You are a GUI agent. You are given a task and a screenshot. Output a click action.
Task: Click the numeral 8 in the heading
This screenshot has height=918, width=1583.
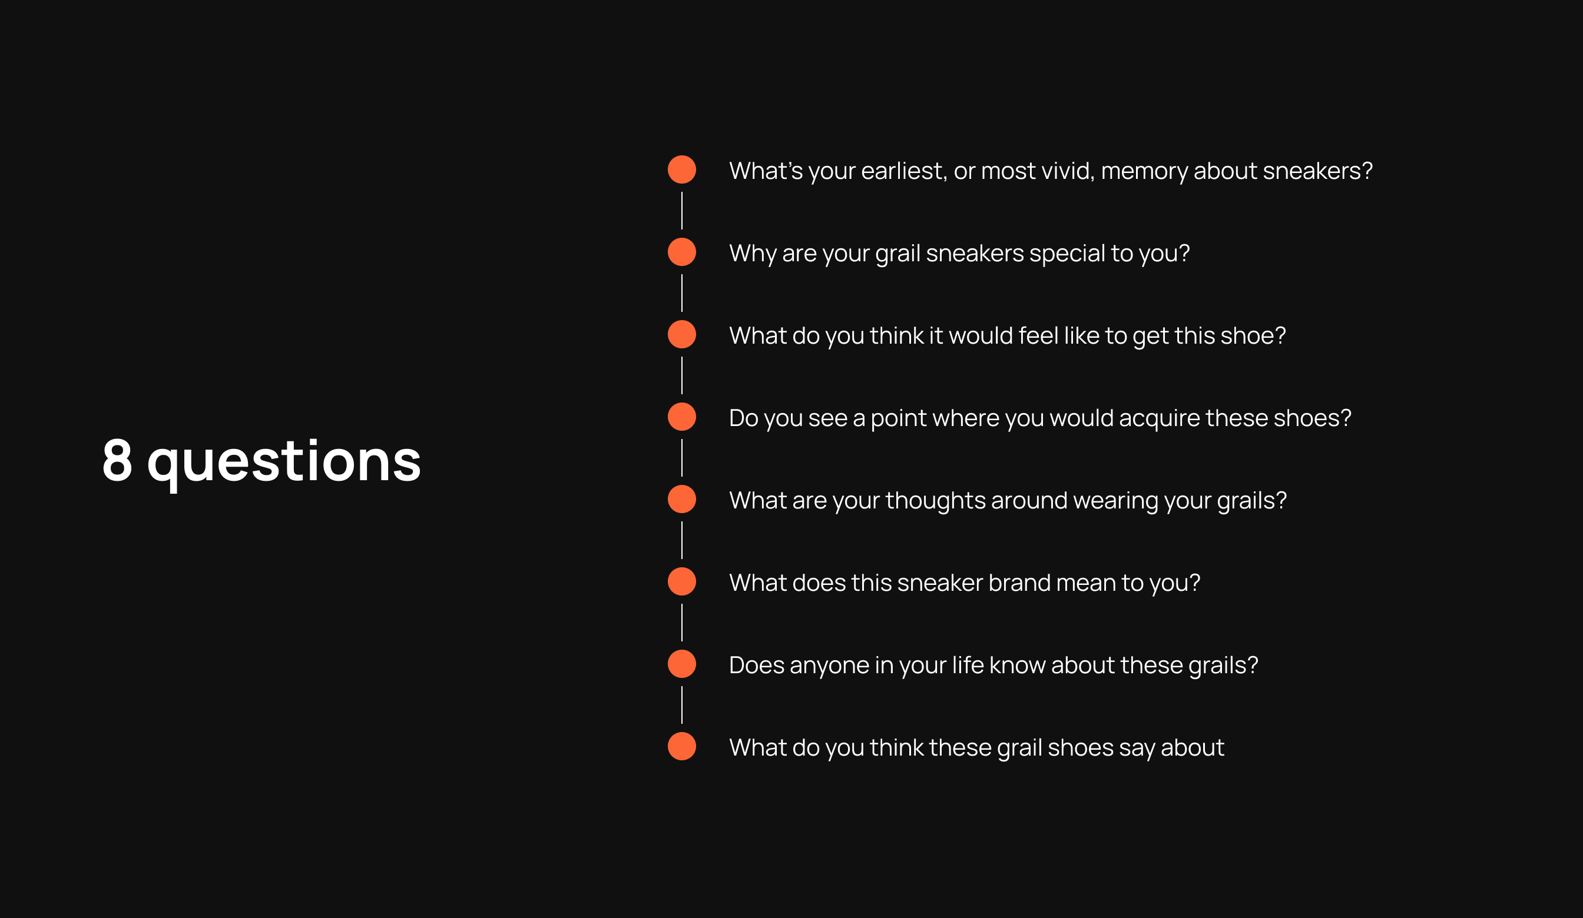click(117, 460)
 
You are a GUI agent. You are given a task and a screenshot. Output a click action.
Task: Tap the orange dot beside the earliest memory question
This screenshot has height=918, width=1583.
click(681, 169)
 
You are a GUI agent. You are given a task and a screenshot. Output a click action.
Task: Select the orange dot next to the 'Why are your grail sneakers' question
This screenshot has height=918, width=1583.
click(681, 252)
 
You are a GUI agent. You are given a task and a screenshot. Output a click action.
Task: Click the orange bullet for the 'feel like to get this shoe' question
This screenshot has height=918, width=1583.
click(681, 334)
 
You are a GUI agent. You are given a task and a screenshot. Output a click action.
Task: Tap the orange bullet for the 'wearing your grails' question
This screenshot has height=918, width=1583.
click(681, 499)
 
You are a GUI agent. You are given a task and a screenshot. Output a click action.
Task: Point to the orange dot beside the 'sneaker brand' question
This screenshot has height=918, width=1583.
click(681, 581)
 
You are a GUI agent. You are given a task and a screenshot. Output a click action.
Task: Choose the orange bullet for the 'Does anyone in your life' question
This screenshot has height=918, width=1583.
click(681, 664)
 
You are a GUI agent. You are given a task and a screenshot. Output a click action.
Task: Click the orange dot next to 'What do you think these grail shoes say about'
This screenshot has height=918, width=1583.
click(681, 746)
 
